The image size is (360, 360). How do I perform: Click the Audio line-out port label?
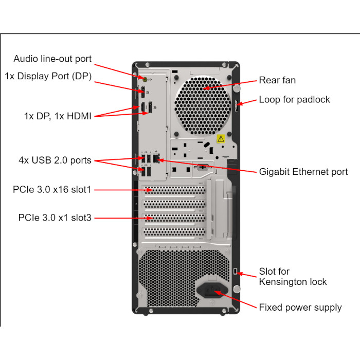(52, 59)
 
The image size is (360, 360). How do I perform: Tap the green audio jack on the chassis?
(145, 79)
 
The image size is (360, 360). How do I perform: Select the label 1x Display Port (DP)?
(48, 76)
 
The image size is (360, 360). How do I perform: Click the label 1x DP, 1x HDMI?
(58, 116)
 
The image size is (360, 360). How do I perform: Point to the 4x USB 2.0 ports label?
(55, 160)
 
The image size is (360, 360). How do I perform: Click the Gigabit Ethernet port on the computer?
(156, 158)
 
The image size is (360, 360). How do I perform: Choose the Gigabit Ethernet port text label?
(303, 172)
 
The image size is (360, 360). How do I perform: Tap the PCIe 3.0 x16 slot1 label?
(52, 189)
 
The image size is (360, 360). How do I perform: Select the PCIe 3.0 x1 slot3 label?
(55, 218)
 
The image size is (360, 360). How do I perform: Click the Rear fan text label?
(277, 80)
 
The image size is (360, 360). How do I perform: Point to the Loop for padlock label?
(294, 100)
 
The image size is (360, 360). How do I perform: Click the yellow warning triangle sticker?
(221, 139)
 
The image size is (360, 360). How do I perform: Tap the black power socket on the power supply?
(212, 290)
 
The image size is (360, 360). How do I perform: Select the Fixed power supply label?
(300, 308)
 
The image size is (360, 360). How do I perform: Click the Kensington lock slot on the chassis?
(235, 271)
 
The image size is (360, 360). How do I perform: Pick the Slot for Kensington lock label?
(293, 277)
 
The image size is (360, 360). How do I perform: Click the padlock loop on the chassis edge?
(236, 105)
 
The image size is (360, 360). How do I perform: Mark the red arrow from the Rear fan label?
(230, 85)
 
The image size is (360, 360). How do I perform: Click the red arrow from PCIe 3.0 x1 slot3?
(124, 218)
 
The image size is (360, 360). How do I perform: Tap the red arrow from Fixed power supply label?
(236, 299)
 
